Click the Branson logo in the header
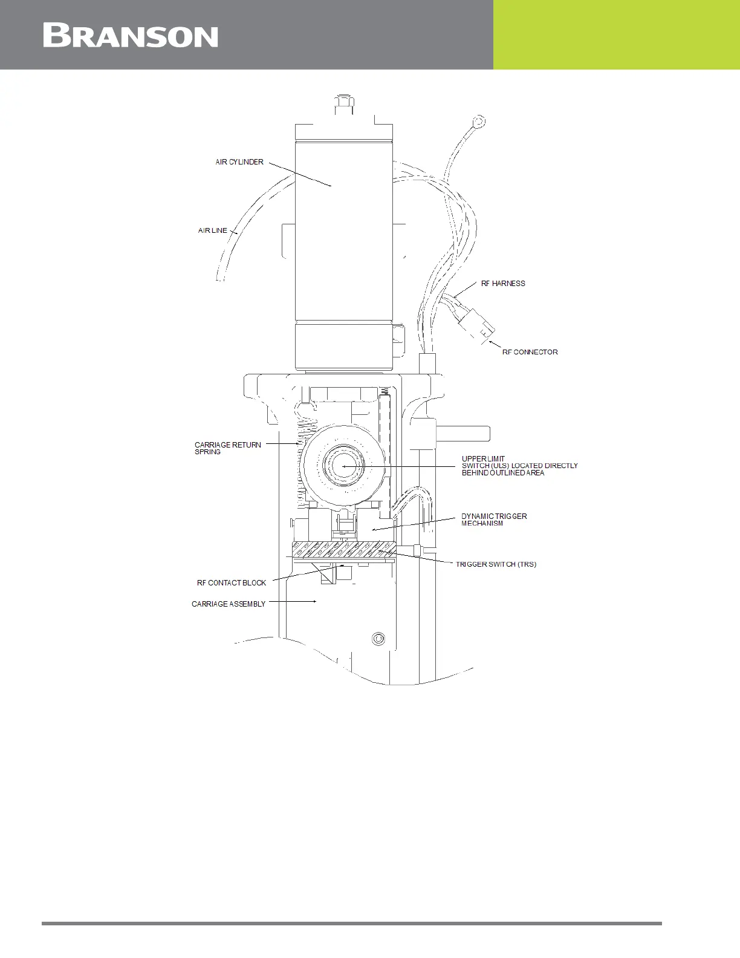click(131, 36)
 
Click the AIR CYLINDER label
click(239, 162)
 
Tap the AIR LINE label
click(213, 230)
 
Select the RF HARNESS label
click(503, 283)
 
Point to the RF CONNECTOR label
click(530, 352)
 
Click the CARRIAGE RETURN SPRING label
click(227, 448)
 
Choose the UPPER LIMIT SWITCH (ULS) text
click(519, 466)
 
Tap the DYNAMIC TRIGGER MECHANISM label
click(494, 520)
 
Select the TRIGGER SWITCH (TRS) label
click(496, 564)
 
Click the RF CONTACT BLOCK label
click(232, 583)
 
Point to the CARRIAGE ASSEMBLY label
click(229, 604)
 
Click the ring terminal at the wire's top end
click(479, 123)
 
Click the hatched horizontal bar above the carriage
click(343, 550)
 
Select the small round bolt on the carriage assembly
click(378, 638)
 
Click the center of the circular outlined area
click(343, 466)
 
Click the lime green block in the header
click(616, 34)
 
